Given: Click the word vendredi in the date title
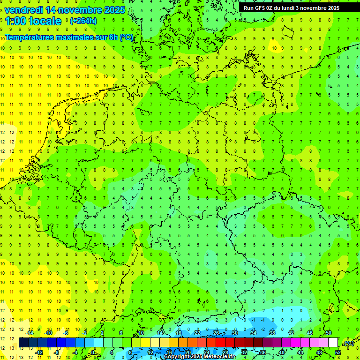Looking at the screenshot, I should coord(24,10).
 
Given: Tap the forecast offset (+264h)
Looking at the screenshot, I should coord(83,21).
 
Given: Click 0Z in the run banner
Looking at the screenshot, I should coord(271,8).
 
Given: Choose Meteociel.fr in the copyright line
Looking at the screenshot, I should coord(217,357).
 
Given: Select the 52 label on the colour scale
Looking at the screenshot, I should coord(338,352).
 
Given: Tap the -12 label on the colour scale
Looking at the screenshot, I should coord(39,352).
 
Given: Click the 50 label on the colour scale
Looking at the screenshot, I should coord(328,333).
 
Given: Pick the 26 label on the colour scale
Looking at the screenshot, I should coord(216,333).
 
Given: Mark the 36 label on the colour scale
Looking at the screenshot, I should coord(263,352).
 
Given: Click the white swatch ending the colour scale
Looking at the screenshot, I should coord(333,343).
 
